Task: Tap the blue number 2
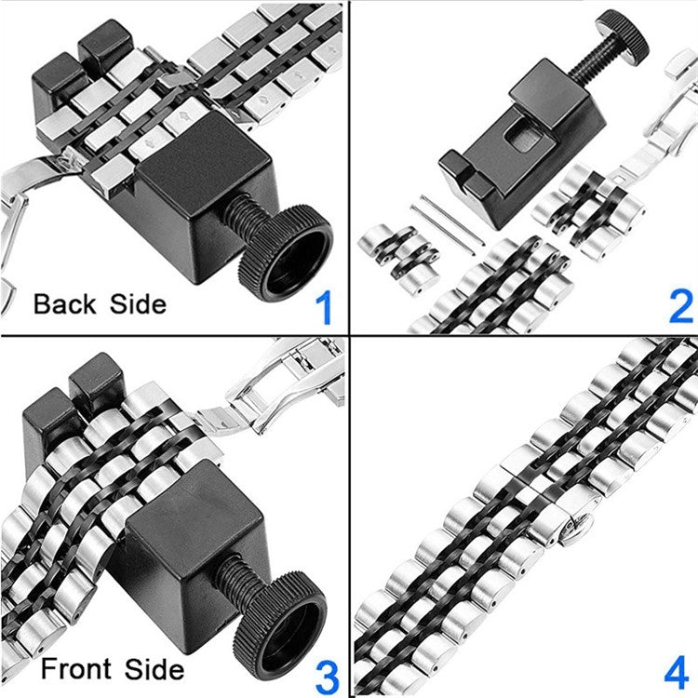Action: (x=680, y=305)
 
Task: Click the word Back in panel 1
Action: (x=66, y=304)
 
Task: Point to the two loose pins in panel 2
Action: (x=448, y=224)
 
